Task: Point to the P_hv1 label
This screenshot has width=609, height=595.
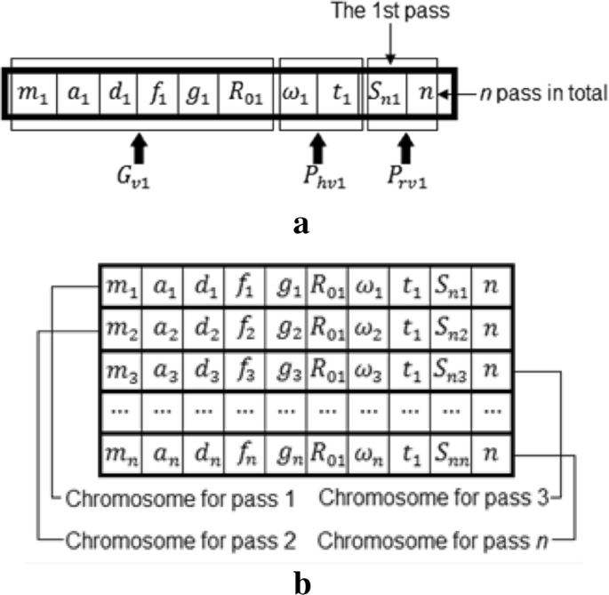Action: [318, 167]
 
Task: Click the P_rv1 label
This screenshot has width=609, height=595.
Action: [406, 167]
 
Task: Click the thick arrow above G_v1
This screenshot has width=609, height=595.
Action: [138, 142]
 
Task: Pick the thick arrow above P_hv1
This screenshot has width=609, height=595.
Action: [318, 142]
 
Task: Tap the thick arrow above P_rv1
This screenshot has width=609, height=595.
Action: [406, 142]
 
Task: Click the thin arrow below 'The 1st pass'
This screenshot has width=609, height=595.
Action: [391, 43]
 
